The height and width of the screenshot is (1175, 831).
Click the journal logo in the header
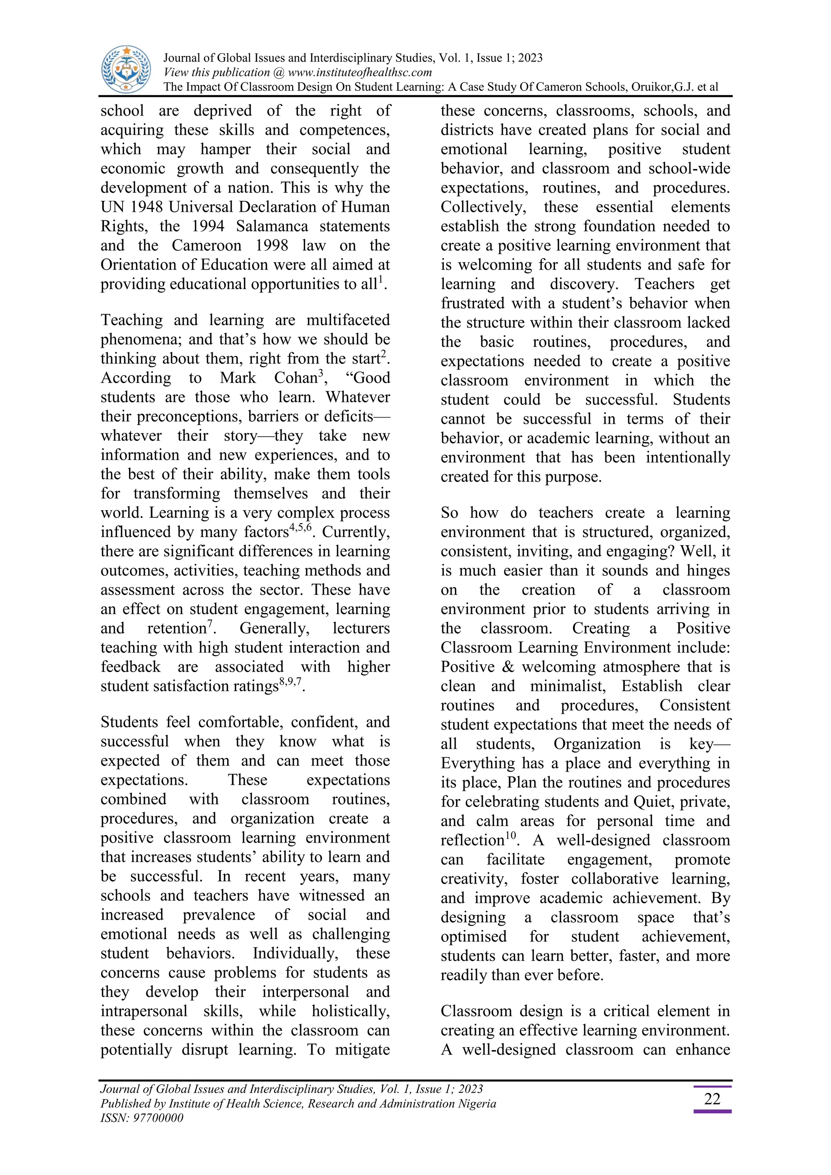[x=126, y=69]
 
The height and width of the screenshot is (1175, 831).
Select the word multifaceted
[x=348, y=320]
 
